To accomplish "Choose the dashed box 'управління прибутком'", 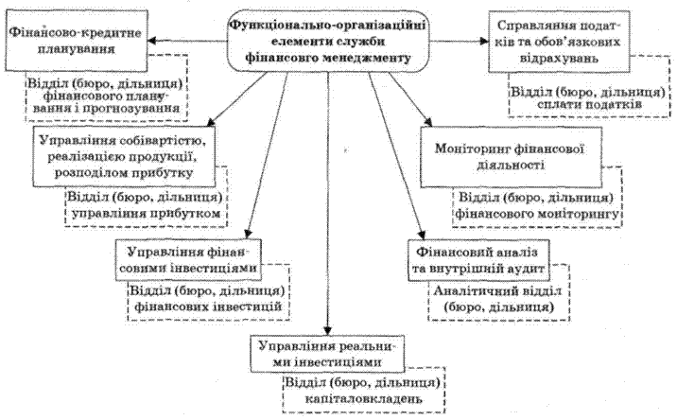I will [x=146, y=207].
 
